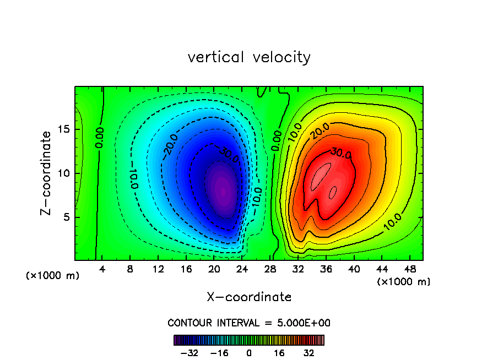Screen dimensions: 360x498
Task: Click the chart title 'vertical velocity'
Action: [249, 57]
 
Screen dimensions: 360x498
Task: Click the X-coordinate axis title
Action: [249, 297]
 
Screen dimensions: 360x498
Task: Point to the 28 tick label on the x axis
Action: [270, 269]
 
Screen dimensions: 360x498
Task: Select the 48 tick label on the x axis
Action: [409, 269]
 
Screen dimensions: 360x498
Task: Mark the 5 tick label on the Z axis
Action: [67, 217]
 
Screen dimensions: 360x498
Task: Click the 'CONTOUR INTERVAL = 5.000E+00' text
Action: [249, 323]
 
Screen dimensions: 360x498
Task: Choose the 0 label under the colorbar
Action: [249, 353]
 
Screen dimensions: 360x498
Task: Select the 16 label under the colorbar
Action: [279, 353]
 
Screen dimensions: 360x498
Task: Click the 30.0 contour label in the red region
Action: [342, 154]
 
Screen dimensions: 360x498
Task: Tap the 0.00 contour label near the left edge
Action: [100, 138]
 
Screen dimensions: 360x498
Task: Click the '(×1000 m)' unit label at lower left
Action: [53, 276]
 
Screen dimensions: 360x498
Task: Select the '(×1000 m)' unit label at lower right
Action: [404, 282]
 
